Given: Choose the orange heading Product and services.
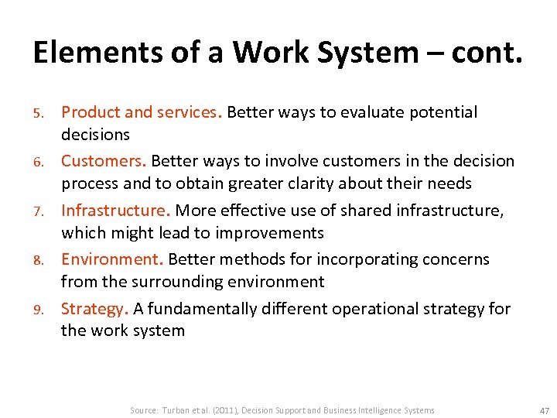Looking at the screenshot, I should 142,112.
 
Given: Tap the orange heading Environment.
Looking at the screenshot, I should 112,259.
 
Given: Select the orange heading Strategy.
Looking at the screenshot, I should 94,309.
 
